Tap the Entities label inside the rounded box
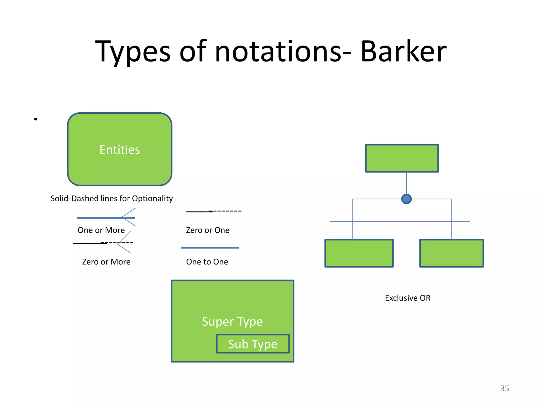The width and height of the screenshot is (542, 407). pos(120,150)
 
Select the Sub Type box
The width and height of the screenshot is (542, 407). pos(253,344)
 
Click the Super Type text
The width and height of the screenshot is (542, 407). pos(232,322)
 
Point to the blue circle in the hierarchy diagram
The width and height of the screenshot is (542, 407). pos(406,199)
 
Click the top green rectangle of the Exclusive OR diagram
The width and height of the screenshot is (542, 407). pos(402,158)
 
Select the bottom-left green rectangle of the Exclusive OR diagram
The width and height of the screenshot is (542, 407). pos(359,253)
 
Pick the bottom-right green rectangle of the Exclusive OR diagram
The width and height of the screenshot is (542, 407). pos(451,253)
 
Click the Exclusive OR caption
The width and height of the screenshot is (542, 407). pos(408,298)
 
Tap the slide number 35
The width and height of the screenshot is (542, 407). pos(504,388)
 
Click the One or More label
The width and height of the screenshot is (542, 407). pos(101,230)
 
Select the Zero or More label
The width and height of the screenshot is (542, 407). pos(106,262)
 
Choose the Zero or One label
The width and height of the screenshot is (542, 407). pos(207,230)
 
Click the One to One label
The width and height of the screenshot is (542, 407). pos(207,262)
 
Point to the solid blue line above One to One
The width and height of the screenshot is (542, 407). pos(210,248)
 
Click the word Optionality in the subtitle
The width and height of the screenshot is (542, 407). pos(152,198)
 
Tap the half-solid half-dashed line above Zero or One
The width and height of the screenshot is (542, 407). pos(214,211)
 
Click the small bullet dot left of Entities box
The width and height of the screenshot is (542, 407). pos(35,119)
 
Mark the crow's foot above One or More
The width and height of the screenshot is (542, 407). pos(129,217)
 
